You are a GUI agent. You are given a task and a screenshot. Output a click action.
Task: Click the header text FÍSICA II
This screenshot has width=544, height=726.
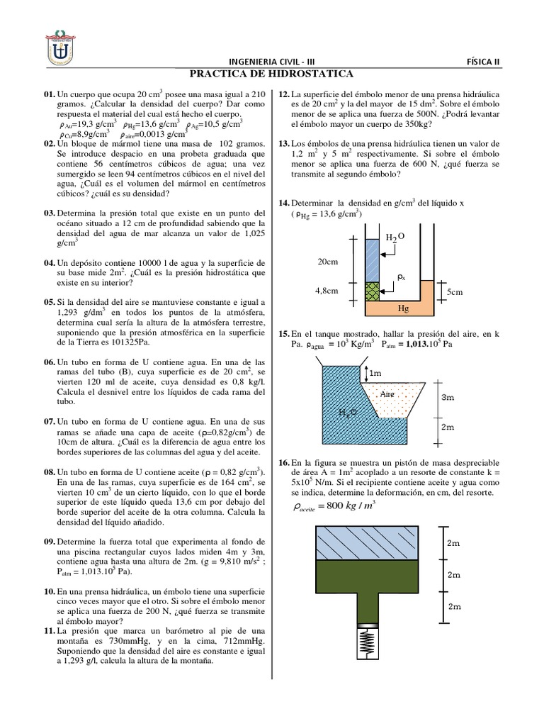tap(483, 62)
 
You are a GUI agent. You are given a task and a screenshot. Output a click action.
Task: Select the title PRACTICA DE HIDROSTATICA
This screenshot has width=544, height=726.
tap(272, 74)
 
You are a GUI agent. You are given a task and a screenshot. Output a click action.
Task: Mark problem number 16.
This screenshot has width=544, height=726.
tap(284, 460)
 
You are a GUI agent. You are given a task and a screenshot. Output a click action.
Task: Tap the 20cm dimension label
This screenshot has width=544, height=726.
tap(327, 262)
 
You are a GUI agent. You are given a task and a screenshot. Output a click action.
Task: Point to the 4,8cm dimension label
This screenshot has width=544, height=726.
tap(327, 290)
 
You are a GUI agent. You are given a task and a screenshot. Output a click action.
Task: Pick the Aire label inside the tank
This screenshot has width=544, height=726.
tap(387, 393)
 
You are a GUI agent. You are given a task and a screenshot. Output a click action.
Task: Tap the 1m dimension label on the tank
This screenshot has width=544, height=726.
tap(375, 372)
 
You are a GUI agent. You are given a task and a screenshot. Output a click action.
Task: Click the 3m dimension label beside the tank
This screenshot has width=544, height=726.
tap(448, 398)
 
